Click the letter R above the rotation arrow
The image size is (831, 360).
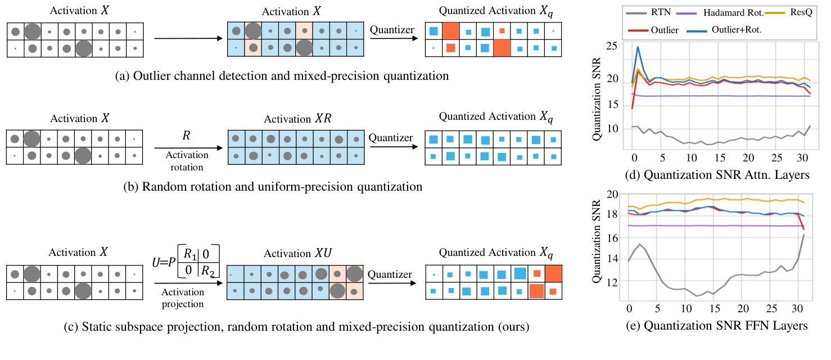click(186, 136)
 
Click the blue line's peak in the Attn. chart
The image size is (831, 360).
click(638, 47)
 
